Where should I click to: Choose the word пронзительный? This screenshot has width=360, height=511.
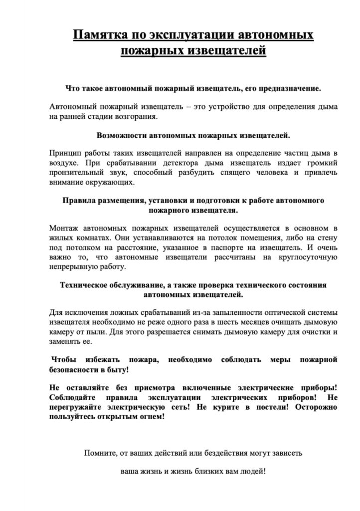(x=78, y=173)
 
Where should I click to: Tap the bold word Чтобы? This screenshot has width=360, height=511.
(x=67, y=360)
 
